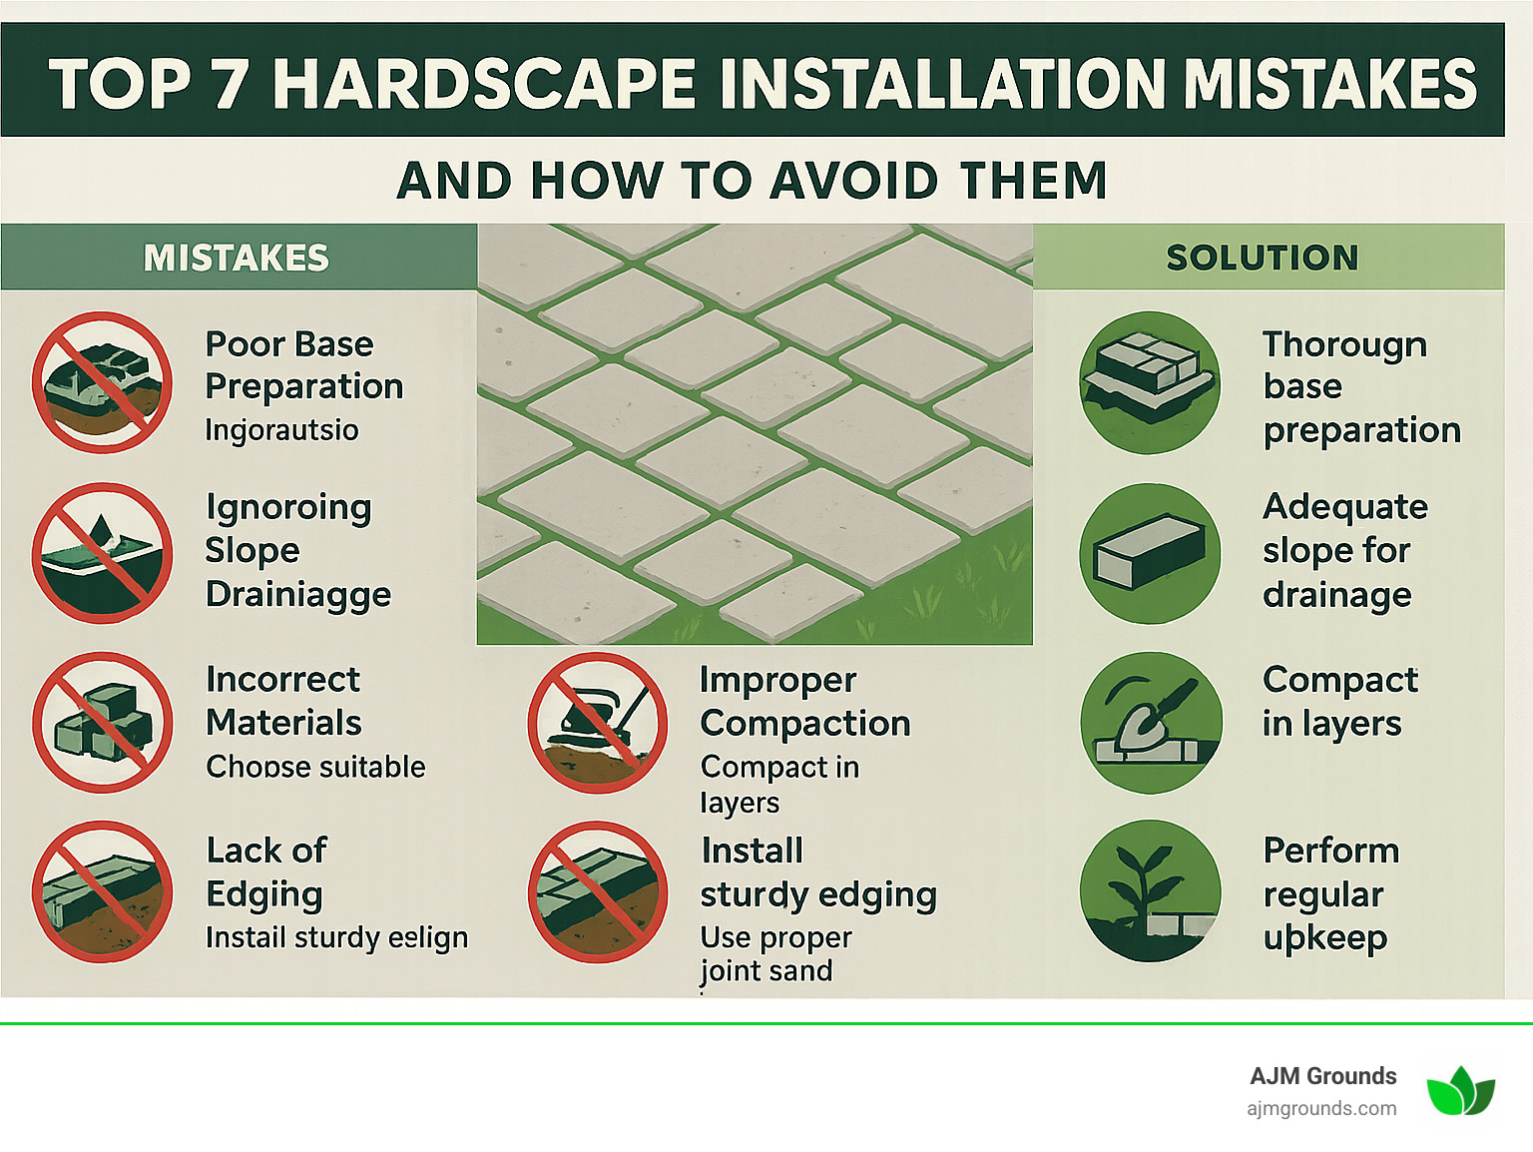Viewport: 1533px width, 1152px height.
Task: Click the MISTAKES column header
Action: click(236, 258)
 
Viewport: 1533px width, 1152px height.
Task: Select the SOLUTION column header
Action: click(1262, 258)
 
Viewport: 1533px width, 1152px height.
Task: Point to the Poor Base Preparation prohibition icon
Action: click(102, 382)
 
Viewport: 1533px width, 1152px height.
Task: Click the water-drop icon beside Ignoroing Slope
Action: click(102, 553)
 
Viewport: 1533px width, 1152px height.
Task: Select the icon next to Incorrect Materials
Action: click(102, 722)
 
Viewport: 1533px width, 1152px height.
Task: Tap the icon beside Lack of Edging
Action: click(102, 891)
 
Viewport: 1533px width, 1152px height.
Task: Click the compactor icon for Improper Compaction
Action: click(597, 722)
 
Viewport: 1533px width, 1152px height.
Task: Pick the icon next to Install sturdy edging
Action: click(597, 891)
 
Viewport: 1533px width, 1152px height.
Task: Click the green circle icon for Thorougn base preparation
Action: click(1150, 382)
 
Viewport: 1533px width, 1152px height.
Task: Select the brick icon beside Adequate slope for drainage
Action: click(1150, 553)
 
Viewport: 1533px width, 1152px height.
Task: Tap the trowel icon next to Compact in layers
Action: click(1150, 722)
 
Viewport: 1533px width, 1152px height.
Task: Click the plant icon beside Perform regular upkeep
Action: click(1150, 891)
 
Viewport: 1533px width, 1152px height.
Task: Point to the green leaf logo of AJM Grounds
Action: click(1460, 1090)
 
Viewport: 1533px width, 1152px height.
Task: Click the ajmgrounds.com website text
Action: click(1321, 1108)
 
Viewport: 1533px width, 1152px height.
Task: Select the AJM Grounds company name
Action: click(1322, 1076)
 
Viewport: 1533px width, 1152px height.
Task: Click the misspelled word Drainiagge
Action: click(298, 595)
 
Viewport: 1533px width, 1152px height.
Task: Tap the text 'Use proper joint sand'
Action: click(774, 953)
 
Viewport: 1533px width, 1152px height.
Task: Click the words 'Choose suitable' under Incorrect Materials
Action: click(315, 767)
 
